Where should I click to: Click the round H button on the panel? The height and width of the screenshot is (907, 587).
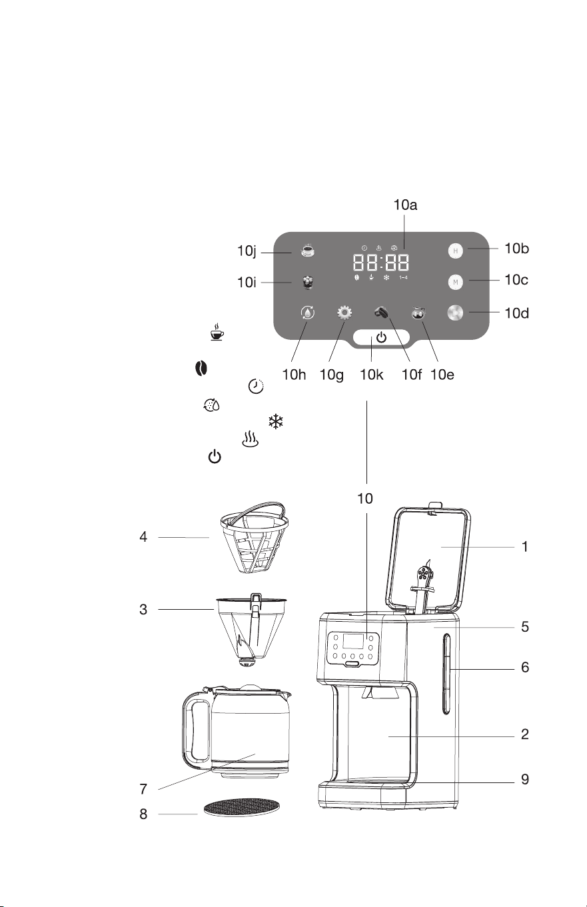coord(456,251)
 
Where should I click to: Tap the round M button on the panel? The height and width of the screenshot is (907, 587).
coord(456,282)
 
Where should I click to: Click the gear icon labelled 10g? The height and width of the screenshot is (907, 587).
coord(344,313)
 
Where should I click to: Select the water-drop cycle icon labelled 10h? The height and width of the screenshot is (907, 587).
coord(308,313)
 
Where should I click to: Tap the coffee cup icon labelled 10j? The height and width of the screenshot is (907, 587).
coord(308,250)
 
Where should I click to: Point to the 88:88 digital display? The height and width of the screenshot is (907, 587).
coord(381,263)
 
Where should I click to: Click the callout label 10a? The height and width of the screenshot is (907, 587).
coord(405,205)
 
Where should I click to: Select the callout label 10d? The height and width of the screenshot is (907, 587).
coord(516,313)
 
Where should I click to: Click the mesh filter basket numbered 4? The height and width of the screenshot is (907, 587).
coord(255,538)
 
